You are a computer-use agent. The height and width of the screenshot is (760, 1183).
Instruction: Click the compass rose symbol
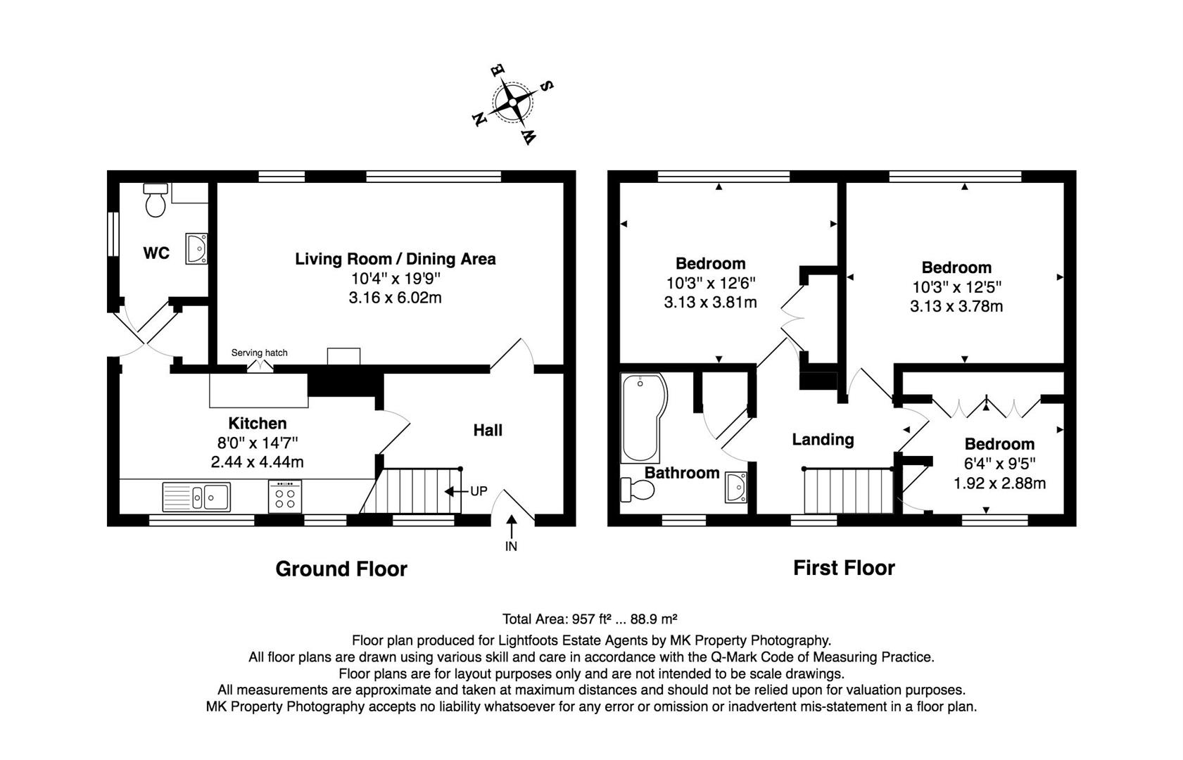[512, 103]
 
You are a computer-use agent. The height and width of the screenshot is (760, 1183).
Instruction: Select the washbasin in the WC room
[196, 248]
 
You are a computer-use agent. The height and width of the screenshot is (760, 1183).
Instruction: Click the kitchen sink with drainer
[196, 496]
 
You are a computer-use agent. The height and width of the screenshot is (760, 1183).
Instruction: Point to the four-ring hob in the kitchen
[285, 497]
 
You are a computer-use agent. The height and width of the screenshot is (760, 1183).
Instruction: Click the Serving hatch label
[259, 353]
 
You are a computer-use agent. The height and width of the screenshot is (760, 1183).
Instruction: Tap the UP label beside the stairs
[479, 491]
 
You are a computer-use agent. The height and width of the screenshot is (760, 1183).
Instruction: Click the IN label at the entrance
[511, 546]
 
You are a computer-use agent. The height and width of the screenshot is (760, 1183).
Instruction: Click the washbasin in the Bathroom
[735, 487]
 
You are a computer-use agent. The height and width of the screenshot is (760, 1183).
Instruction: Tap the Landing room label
[823, 440]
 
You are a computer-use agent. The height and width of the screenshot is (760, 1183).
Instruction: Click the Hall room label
[488, 430]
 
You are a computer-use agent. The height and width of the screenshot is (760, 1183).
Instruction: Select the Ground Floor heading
[341, 569]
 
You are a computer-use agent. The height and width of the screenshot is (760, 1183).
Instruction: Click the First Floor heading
[844, 568]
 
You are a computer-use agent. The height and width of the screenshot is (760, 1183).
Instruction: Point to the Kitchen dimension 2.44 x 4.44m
[257, 462]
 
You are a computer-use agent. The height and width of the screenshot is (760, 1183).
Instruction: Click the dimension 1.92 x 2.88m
[999, 483]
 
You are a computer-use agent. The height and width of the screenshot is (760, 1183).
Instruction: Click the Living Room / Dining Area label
[395, 259]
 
